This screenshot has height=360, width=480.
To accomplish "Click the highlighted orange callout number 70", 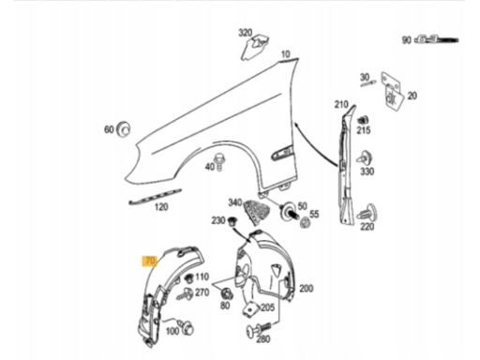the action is coord(150,262).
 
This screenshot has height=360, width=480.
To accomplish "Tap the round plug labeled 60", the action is coord(123,129).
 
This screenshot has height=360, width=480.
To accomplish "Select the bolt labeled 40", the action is coord(219,162).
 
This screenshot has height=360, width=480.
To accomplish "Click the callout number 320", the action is coord(246,33).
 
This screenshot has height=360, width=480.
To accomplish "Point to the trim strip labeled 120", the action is coord(155,196).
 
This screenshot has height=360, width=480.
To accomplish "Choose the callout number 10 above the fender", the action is coord(286,54).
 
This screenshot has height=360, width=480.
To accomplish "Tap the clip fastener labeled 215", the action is coord(363,120).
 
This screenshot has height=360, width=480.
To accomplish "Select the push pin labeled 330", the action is coord(365,158).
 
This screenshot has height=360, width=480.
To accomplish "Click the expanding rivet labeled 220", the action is coord(367,213).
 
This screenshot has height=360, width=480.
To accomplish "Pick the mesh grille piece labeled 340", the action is coord(256,211).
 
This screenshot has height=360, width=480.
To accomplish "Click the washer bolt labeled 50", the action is coord(289,211).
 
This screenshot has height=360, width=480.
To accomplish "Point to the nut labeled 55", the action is coord(305,223).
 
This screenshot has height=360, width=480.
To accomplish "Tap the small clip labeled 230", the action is coord(232,221).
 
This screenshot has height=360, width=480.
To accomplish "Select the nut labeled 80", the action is coord(226,293).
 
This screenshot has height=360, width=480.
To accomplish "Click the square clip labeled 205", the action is coord(250,309).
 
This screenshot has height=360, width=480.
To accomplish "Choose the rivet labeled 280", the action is coord(259,329).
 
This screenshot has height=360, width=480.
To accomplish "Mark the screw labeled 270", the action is coord(186,294).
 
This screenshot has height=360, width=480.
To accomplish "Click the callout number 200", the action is coord(306,288).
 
